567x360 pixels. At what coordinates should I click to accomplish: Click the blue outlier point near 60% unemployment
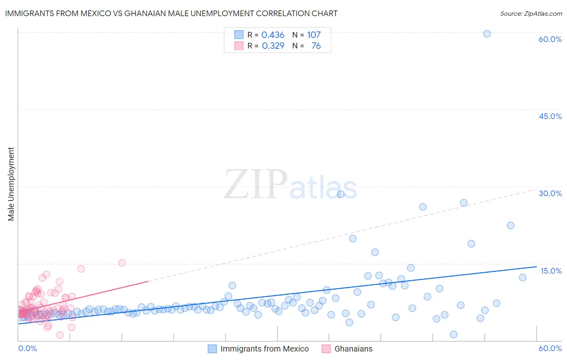point(487,34)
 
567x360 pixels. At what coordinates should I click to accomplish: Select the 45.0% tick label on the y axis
point(550,116)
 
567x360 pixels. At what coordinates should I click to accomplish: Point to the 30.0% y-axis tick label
point(550,193)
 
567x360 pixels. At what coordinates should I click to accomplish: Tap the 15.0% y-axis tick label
point(551,271)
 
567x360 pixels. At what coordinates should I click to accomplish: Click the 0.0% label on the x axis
point(27,348)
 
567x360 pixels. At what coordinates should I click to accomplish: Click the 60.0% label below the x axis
point(550,348)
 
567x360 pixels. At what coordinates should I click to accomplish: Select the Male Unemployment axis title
point(11,184)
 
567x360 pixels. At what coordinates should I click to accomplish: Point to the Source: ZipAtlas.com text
point(531,13)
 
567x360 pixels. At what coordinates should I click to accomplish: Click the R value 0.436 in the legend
point(273,35)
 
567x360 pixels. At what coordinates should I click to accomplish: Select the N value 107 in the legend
point(314,35)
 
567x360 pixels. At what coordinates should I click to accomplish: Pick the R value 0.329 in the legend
point(273,46)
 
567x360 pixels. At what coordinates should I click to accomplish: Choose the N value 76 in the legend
point(316,46)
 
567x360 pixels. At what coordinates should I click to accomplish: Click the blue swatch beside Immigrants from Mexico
point(212,349)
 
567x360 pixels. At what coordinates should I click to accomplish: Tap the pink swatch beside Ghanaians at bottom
point(326,349)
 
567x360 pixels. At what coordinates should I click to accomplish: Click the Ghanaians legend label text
point(353,349)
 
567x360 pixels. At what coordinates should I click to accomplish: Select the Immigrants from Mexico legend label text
point(265,349)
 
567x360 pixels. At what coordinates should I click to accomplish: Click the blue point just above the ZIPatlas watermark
point(341,194)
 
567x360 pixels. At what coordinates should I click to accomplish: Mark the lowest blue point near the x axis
point(454,334)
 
